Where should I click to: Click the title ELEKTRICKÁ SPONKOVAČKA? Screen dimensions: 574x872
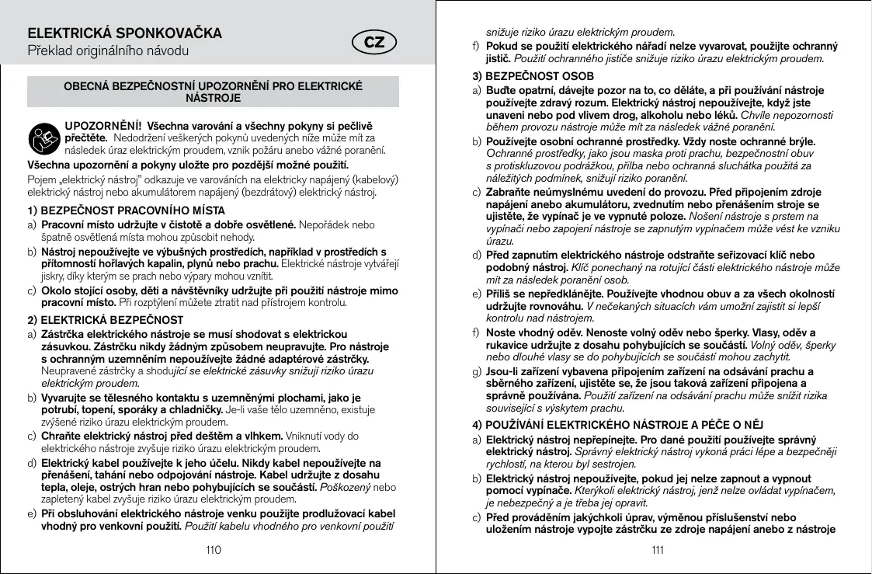(125, 33)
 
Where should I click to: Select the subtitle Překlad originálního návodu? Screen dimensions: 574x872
(109, 52)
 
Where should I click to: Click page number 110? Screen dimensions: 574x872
(213, 550)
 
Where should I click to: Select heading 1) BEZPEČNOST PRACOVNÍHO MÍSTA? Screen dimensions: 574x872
(126, 210)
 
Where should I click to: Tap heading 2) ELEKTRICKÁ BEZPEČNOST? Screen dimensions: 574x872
(106, 319)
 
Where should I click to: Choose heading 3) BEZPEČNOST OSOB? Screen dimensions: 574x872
(533, 76)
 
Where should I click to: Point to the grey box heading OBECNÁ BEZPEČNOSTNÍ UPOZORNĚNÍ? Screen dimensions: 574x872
(214, 92)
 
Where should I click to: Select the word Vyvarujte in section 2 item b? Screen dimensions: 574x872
(64, 397)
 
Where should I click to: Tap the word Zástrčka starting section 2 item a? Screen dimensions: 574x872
(64, 332)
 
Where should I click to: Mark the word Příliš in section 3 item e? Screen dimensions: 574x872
(499, 294)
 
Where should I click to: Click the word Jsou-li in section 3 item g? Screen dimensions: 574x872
(502, 370)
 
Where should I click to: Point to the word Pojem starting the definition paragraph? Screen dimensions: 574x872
(41, 179)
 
